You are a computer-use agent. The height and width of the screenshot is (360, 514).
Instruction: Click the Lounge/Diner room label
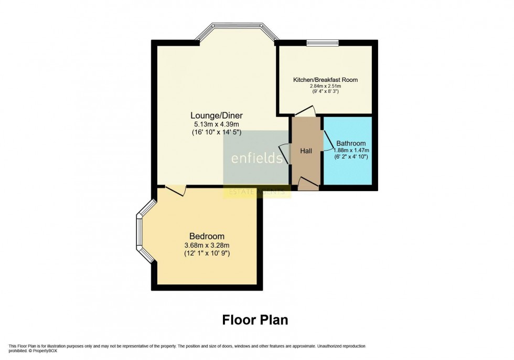pyautogui.click(x=217, y=115)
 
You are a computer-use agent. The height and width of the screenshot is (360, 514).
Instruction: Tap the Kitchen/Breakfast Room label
pyautogui.click(x=325, y=80)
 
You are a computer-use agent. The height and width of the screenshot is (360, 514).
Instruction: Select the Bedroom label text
pyautogui.click(x=207, y=236)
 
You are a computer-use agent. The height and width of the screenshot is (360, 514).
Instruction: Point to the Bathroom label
pyautogui.click(x=351, y=143)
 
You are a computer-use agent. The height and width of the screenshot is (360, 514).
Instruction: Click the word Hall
pyautogui.click(x=306, y=151)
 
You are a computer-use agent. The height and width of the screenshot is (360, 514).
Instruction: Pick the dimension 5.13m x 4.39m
pyautogui.click(x=217, y=124)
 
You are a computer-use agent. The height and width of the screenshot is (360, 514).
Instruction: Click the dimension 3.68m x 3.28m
pyautogui.click(x=207, y=245)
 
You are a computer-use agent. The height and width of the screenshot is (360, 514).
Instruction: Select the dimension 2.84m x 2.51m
pyautogui.click(x=325, y=86)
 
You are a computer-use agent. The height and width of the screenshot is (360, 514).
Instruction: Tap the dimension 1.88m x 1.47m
pyautogui.click(x=351, y=150)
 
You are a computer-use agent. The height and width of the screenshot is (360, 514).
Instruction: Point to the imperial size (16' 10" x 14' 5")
pyautogui.click(x=217, y=133)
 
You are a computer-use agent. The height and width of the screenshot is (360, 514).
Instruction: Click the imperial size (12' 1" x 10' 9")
pyautogui.click(x=207, y=253)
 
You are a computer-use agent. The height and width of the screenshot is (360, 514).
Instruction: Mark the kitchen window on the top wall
pyautogui.click(x=322, y=43)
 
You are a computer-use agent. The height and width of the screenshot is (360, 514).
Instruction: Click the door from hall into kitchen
pyautogui.click(x=305, y=111)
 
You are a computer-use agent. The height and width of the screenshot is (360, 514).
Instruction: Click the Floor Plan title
pyautogui.click(x=255, y=320)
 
